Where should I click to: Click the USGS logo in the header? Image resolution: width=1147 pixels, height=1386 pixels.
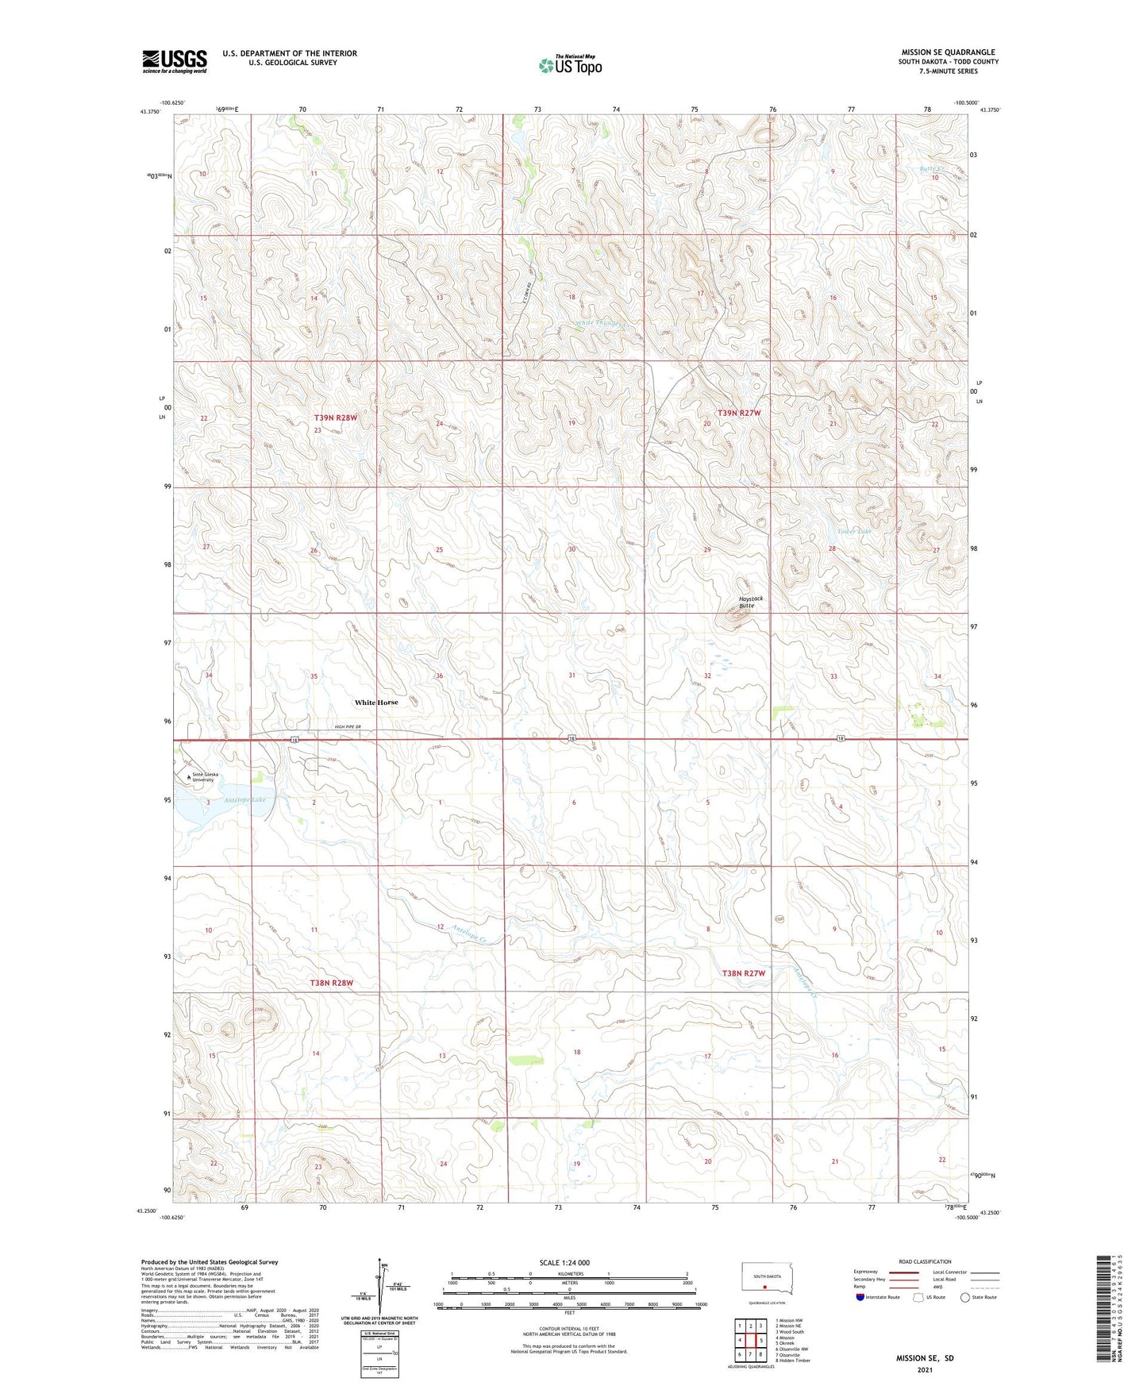coord(174,61)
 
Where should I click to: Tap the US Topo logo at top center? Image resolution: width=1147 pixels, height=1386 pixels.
coord(570,65)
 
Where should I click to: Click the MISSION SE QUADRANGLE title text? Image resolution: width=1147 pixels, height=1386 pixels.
coord(948,52)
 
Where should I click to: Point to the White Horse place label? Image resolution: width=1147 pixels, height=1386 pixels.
coord(376,703)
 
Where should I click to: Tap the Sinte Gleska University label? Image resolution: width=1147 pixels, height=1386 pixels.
coord(203,777)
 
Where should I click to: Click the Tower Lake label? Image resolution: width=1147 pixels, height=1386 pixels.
coord(853,531)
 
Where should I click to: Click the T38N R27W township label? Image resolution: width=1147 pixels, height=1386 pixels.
coord(743,973)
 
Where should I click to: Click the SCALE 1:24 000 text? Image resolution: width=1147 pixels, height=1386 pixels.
coord(564,1262)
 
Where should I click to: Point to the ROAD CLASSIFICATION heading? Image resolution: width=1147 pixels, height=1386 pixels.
coord(925,1261)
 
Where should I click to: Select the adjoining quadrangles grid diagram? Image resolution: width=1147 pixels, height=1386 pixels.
coord(750,1342)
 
